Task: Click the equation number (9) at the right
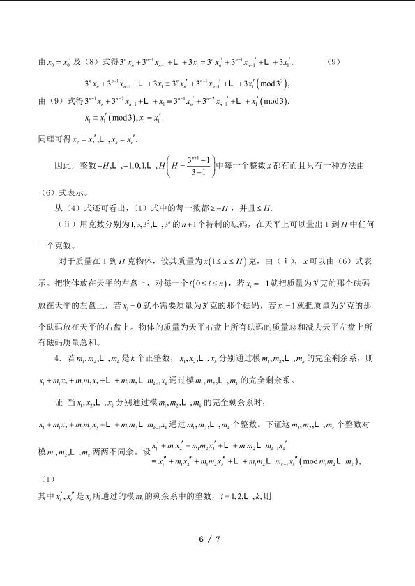point(333,61)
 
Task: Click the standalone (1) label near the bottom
point(44,479)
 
